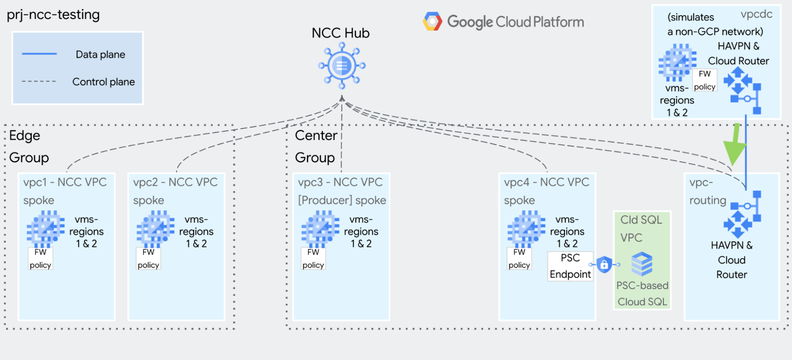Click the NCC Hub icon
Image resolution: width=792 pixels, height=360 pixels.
pyautogui.click(x=342, y=66)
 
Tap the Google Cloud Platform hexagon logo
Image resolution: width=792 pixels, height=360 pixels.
pyautogui.click(x=432, y=21)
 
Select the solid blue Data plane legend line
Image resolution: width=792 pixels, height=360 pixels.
pyautogui.click(x=39, y=53)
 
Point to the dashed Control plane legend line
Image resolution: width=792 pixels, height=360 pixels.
pyautogui.click(x=39, y=81)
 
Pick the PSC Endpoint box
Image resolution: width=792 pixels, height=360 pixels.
pyautogui.click(x=570, y=266)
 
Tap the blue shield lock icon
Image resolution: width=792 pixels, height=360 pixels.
pyautogui.click(x=604, y=265)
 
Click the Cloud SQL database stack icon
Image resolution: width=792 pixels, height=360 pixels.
pyautogui.click(x=642, y=264)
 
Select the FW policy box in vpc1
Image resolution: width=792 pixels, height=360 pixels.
pyautogui.click(x=40, y=259)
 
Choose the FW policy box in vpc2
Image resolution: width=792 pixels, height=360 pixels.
pyautogui.click(x=149, y=259)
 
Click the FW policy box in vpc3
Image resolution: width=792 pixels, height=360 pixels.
pyautogui.click(x=313, y=259)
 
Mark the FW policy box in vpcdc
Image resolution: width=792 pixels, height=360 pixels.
pyautogui.click(x=704, y=80)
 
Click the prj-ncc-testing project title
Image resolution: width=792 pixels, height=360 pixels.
pyautogui.click(x=53, y=15)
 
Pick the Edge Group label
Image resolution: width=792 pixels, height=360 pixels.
pyautogui.click(x=29, y=147)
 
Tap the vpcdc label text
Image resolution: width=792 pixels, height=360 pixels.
pyautogui.click(x=756, y=14)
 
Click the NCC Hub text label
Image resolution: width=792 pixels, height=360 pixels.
pyautogui.click(x=340, y=33)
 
